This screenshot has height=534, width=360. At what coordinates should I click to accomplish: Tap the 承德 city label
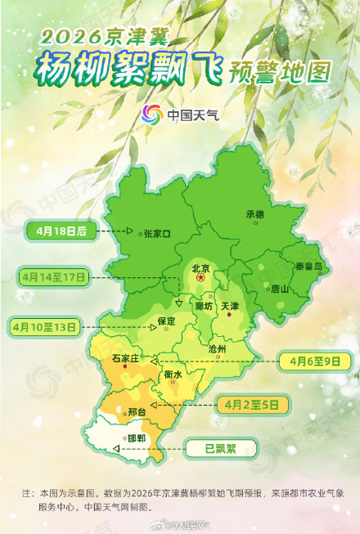coord(254,214)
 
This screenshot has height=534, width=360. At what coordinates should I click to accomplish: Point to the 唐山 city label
coord(280,288)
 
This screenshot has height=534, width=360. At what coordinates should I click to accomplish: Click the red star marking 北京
coord(200,279)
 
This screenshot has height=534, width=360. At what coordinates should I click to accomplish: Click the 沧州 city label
coord(217,348)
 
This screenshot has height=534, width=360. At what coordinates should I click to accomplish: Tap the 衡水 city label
coord(173,375)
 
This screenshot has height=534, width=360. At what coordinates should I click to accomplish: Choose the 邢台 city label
coord(137,411)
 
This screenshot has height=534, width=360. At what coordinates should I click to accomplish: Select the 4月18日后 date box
coord(56,231)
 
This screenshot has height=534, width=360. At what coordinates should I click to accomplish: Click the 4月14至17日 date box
coord(52,277)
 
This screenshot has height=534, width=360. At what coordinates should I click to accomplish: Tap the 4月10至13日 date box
coord(44,326)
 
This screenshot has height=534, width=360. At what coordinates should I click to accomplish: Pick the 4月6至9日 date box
coord(314,359)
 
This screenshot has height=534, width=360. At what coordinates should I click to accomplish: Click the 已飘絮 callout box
coord(220,447)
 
